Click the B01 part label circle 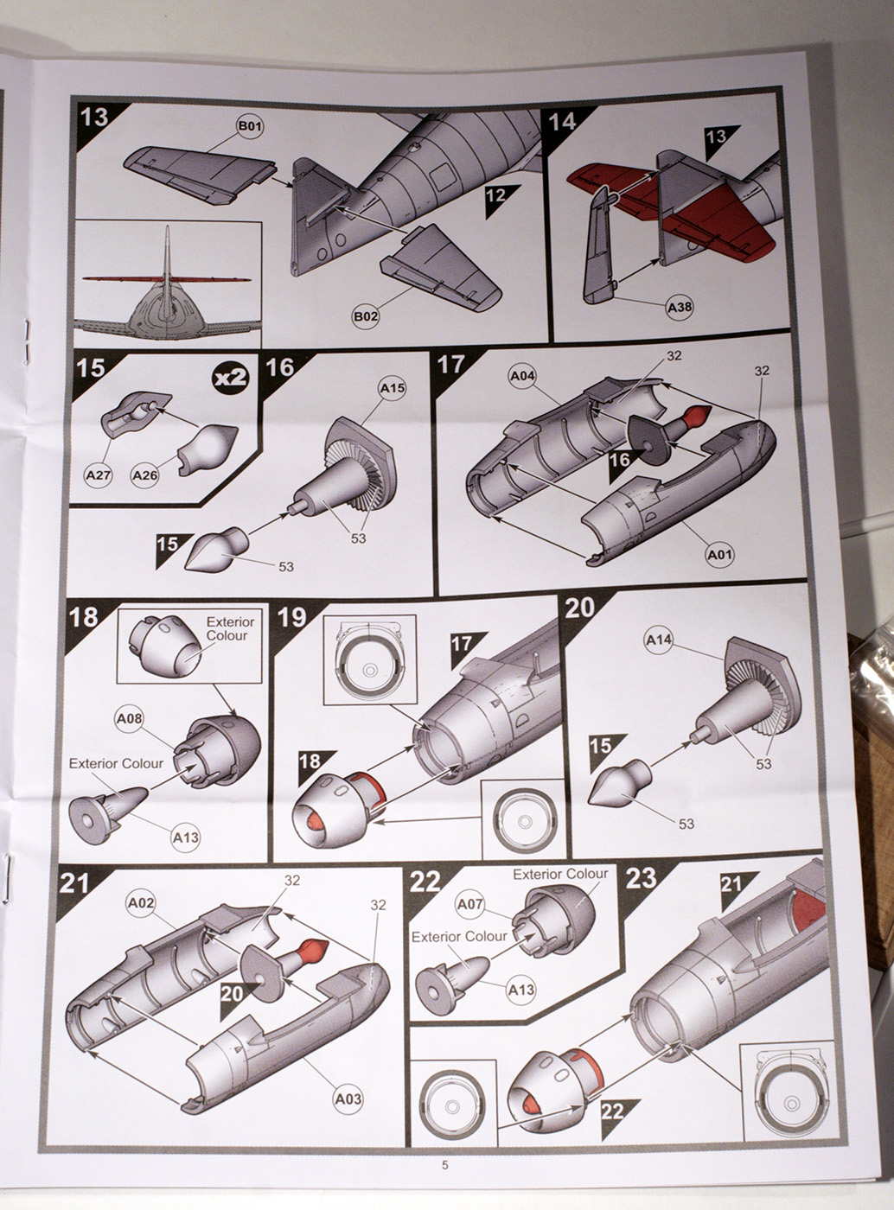pos(250,127)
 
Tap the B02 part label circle pos(365,316)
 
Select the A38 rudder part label pos(679,306)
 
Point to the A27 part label pos(98,474)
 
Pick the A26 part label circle pos(145,474)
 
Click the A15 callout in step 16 pos(392,388)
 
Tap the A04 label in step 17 pos(522,376)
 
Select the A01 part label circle pos(719,555)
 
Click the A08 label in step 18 pos(129,718)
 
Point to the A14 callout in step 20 pos(659,640)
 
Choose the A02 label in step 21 pos(140,903)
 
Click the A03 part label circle pos(348,1099)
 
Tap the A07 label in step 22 pos(469,904)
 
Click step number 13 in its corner pos(93,117)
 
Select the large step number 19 pos(292,617)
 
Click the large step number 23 pos(642,879)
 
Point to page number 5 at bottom pos(445,1165)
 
